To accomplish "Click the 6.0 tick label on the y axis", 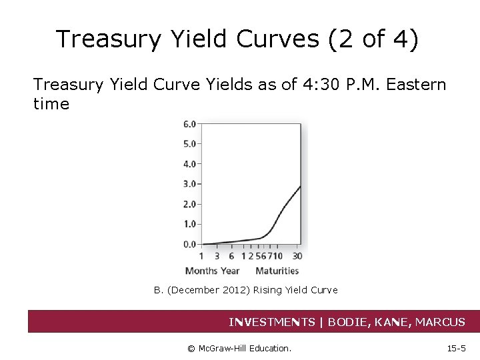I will [190, 123].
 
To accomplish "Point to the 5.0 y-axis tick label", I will [190, 143].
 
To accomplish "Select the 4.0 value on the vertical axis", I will [190, 163].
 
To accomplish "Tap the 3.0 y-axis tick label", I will [190, 184].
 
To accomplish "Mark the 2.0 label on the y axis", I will [190, 204].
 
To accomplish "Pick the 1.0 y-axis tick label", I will [190, 224].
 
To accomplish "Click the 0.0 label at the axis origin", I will [190, 244].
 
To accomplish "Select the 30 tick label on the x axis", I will [297, 257].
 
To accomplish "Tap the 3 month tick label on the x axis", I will [217, 257].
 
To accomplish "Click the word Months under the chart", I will [201, 271].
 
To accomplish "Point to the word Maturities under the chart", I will [277, 271].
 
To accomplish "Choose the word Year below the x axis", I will [230, 271].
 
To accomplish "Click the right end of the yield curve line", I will [300, 186].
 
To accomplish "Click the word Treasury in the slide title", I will [109, 39].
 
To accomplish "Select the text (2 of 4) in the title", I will [374, 39].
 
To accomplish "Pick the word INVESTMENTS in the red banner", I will [272, 322].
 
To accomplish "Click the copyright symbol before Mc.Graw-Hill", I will [191, 347].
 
